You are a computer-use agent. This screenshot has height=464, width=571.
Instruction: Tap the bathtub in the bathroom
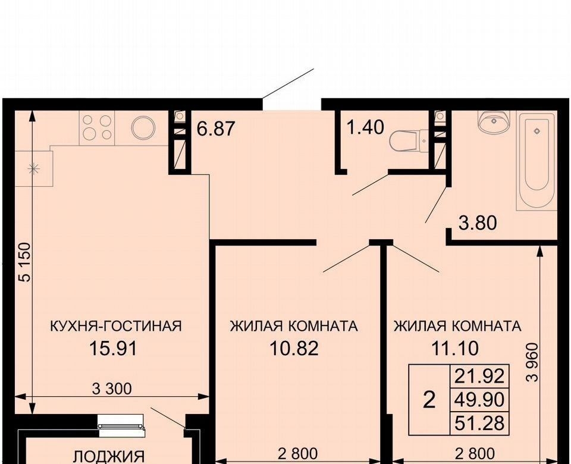click(x=537, y=162)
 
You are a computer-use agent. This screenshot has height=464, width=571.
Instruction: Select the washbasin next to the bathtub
click(x=494, y=121)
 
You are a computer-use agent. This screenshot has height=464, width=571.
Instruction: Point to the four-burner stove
click(x=96, y=127)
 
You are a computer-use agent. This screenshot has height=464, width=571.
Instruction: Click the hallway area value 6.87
click(x=215, y=129)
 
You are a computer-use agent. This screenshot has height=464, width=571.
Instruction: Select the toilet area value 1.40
click(x=365, y=127)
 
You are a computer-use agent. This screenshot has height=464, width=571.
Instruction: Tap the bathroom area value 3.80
click(x=478, y=223)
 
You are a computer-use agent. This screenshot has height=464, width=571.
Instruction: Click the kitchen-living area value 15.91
click(x=113, y=348)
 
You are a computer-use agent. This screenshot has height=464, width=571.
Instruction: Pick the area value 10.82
click(x=294, y=348)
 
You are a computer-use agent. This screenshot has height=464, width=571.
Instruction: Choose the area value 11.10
click(x=455, y=348)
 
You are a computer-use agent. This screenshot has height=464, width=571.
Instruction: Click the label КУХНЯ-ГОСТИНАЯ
click(x=115, y=326)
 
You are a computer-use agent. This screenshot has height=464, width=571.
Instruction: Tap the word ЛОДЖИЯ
click(x=109, y=456)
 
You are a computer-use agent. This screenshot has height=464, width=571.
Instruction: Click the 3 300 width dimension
click(x=112, y=389)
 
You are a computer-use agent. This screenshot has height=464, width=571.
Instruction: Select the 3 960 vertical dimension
click(x=532, y=362)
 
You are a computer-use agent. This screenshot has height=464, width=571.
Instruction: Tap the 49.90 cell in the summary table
click(x=479, y=400)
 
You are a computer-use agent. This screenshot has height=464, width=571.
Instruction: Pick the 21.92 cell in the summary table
click(x=479, y=376)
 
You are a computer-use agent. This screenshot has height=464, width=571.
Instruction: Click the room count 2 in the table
click(x=429, y=400)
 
